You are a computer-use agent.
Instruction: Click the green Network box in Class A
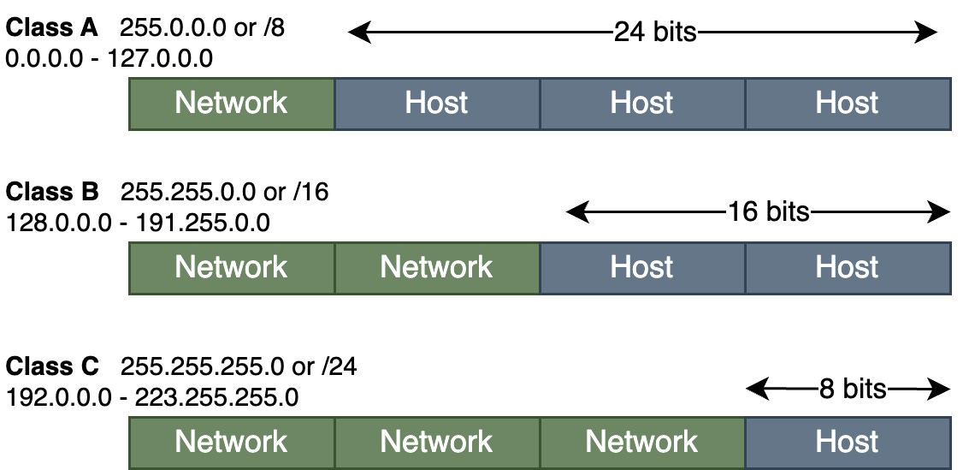(x=231, y=104)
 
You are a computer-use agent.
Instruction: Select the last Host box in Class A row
(x=847, y=104)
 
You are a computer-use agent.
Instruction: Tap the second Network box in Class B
(x=436, y=268)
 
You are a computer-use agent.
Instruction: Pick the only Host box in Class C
(x=847, y=443)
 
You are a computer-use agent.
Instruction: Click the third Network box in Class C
(x=641, y=443)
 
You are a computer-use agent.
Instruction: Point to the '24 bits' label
(x=655, y=33)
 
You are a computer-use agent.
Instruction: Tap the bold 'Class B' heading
(x=53, y=191)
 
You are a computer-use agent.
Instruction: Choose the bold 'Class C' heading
(x=53, y=366)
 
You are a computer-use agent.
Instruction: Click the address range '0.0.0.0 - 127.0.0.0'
(x=109, y=59)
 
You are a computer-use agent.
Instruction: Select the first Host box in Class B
(x=641, y=268)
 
